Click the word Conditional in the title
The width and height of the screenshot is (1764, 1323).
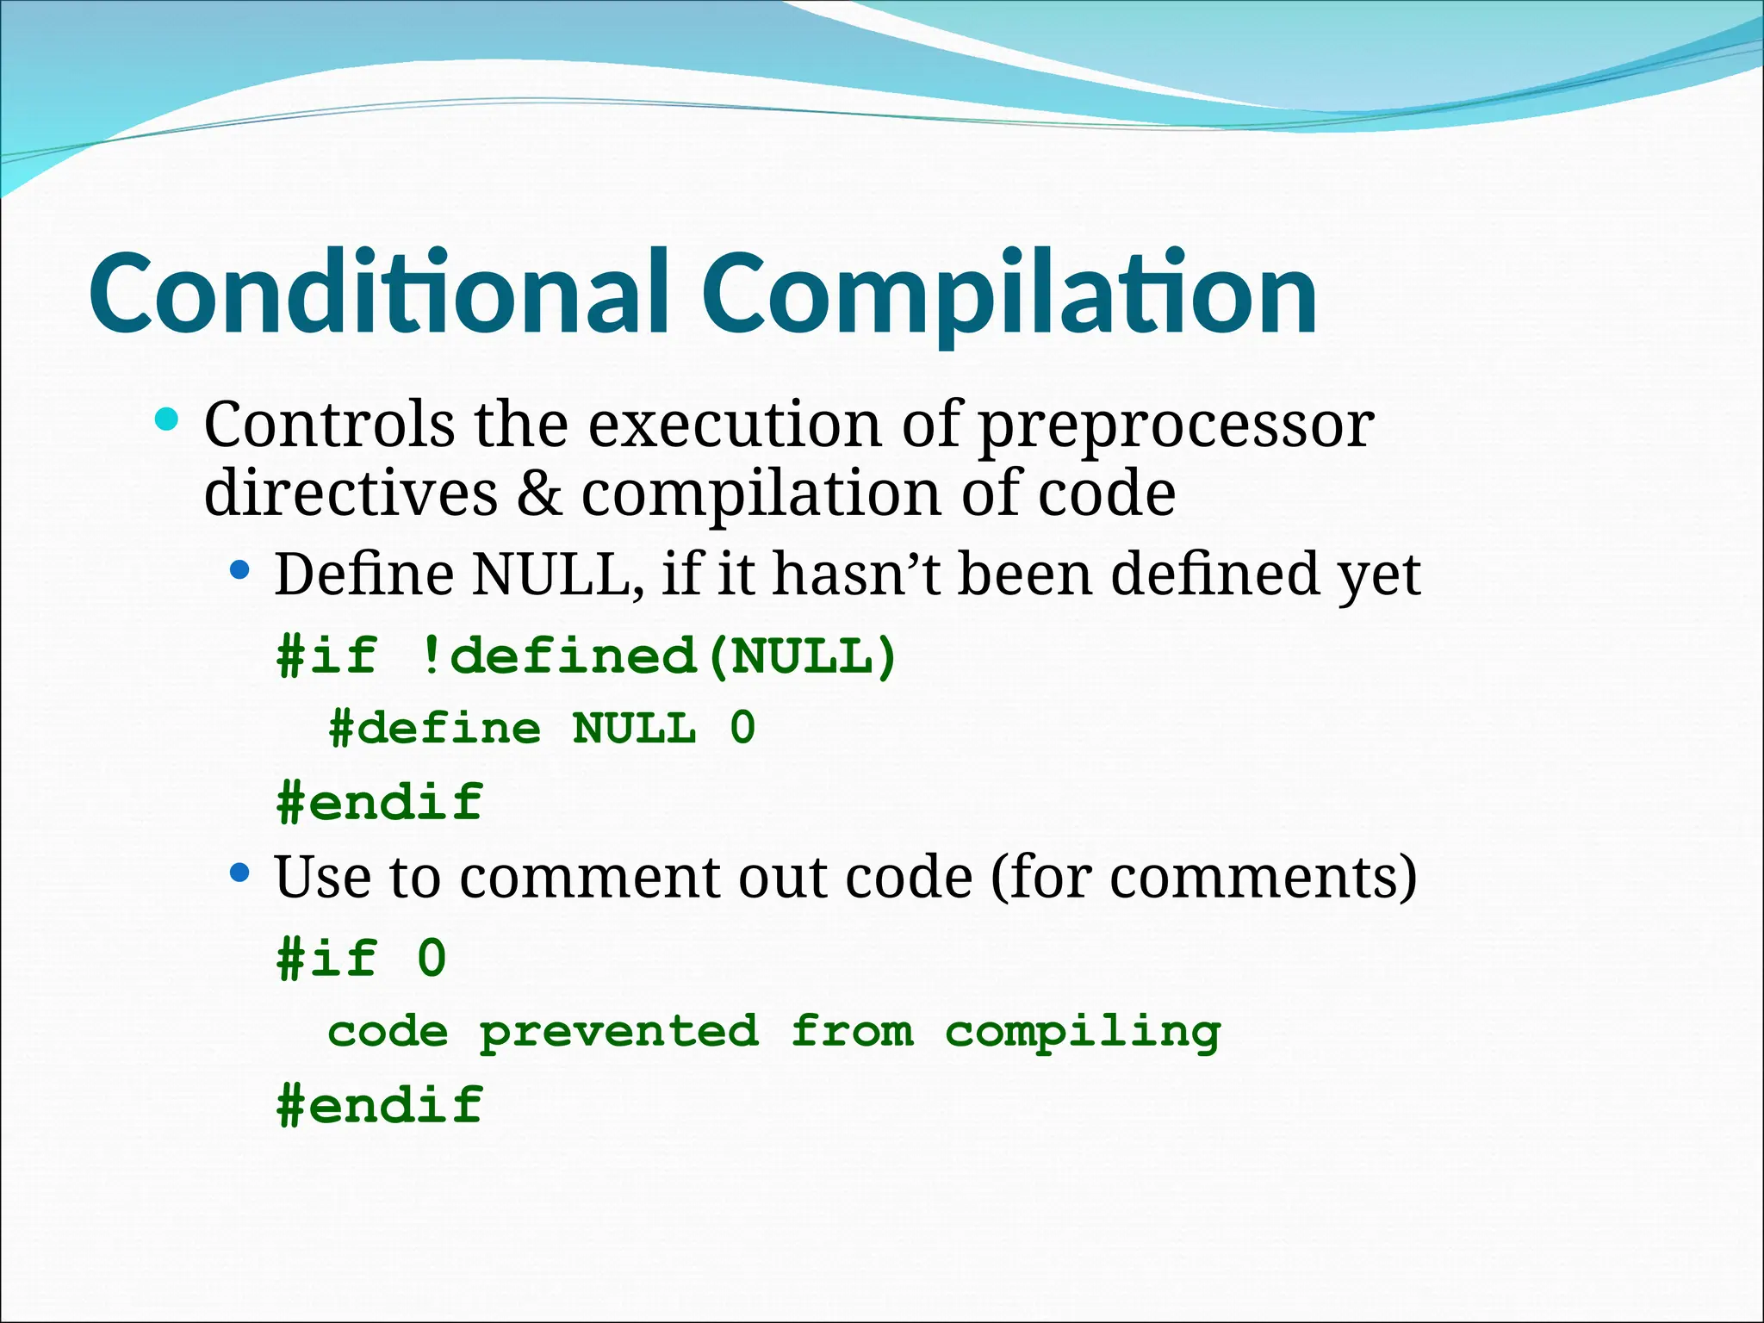(x=379, y=293)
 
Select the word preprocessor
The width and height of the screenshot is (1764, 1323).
(x=1177, y=426)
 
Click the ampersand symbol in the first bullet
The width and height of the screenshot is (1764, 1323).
(x=539, y=494)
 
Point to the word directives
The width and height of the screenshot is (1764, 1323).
(x=351, y=494)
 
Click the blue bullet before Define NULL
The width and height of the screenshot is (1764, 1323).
(x=239, y=570)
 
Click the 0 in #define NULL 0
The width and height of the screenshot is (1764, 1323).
(x=742, y=729)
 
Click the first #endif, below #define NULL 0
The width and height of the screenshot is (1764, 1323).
(x=380, y=803)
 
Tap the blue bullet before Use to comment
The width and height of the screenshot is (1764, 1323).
(x=239, y=873)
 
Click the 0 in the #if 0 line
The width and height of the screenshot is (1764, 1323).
(x=432, y=959)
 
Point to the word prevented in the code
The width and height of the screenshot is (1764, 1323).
(x=619, y=1032)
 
